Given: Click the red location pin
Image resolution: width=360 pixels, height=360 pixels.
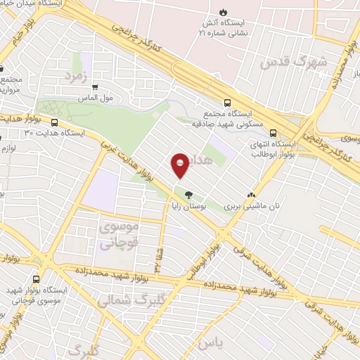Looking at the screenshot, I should pos(180,165).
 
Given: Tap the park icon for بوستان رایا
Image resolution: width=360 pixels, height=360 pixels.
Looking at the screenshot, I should pos(188,195).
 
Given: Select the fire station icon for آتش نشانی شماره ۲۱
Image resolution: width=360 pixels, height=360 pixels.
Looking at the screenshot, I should pos(223,13).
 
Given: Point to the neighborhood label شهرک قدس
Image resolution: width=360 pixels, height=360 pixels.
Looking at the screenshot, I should pos(294,62).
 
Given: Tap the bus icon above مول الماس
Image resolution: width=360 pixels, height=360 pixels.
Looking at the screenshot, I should pos(96,87).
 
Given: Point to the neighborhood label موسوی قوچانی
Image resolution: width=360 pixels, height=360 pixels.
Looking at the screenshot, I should pos(120,235).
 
